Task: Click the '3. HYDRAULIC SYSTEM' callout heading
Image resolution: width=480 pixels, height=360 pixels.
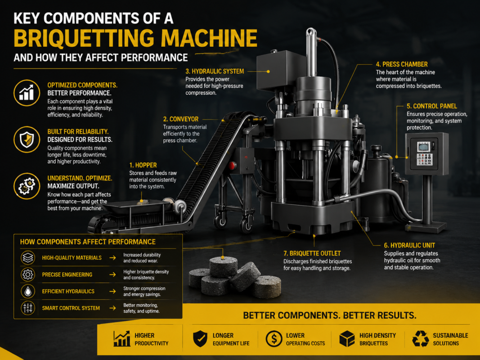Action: click(x=215, y=72)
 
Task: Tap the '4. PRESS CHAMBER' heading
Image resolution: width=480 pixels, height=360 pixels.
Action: click(x=402, y=64)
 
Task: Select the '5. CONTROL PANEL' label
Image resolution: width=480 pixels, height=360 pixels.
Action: click(x=431, y=106)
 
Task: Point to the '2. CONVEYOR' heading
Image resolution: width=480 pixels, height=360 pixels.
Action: click(x=180, y=119)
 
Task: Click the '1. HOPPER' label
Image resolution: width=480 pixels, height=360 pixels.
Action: click(x=143, y=165)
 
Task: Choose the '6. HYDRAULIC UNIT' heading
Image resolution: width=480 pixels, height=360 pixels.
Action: click(x=409, y=245)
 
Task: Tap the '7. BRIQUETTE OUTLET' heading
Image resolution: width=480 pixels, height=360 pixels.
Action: click(x=312, y=253)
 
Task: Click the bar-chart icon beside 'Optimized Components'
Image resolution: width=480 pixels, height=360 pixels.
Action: click(x=27, y=93)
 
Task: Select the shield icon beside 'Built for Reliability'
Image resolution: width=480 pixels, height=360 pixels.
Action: click(x=27, y=139)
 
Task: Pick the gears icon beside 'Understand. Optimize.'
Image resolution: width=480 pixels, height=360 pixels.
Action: click(x=27, y=186)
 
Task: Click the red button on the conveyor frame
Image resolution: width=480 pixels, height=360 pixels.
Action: click(x=232, y=166)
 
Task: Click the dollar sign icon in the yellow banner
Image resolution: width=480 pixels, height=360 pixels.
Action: click(x=274, y=339)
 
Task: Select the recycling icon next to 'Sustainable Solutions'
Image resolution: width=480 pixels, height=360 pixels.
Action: click(x=420, y=339)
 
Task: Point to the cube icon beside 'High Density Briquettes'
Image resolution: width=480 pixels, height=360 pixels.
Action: click(x=347, y=339)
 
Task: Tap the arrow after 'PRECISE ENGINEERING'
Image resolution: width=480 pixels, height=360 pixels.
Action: click(x=112, y=274)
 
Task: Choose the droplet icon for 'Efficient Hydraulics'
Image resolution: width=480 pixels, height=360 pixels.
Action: click(x=28, y=292)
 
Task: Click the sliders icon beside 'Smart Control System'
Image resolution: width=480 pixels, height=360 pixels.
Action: click(x=28, y=308)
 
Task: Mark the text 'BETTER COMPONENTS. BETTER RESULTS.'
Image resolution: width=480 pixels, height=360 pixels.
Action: click(x=330, y=315)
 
